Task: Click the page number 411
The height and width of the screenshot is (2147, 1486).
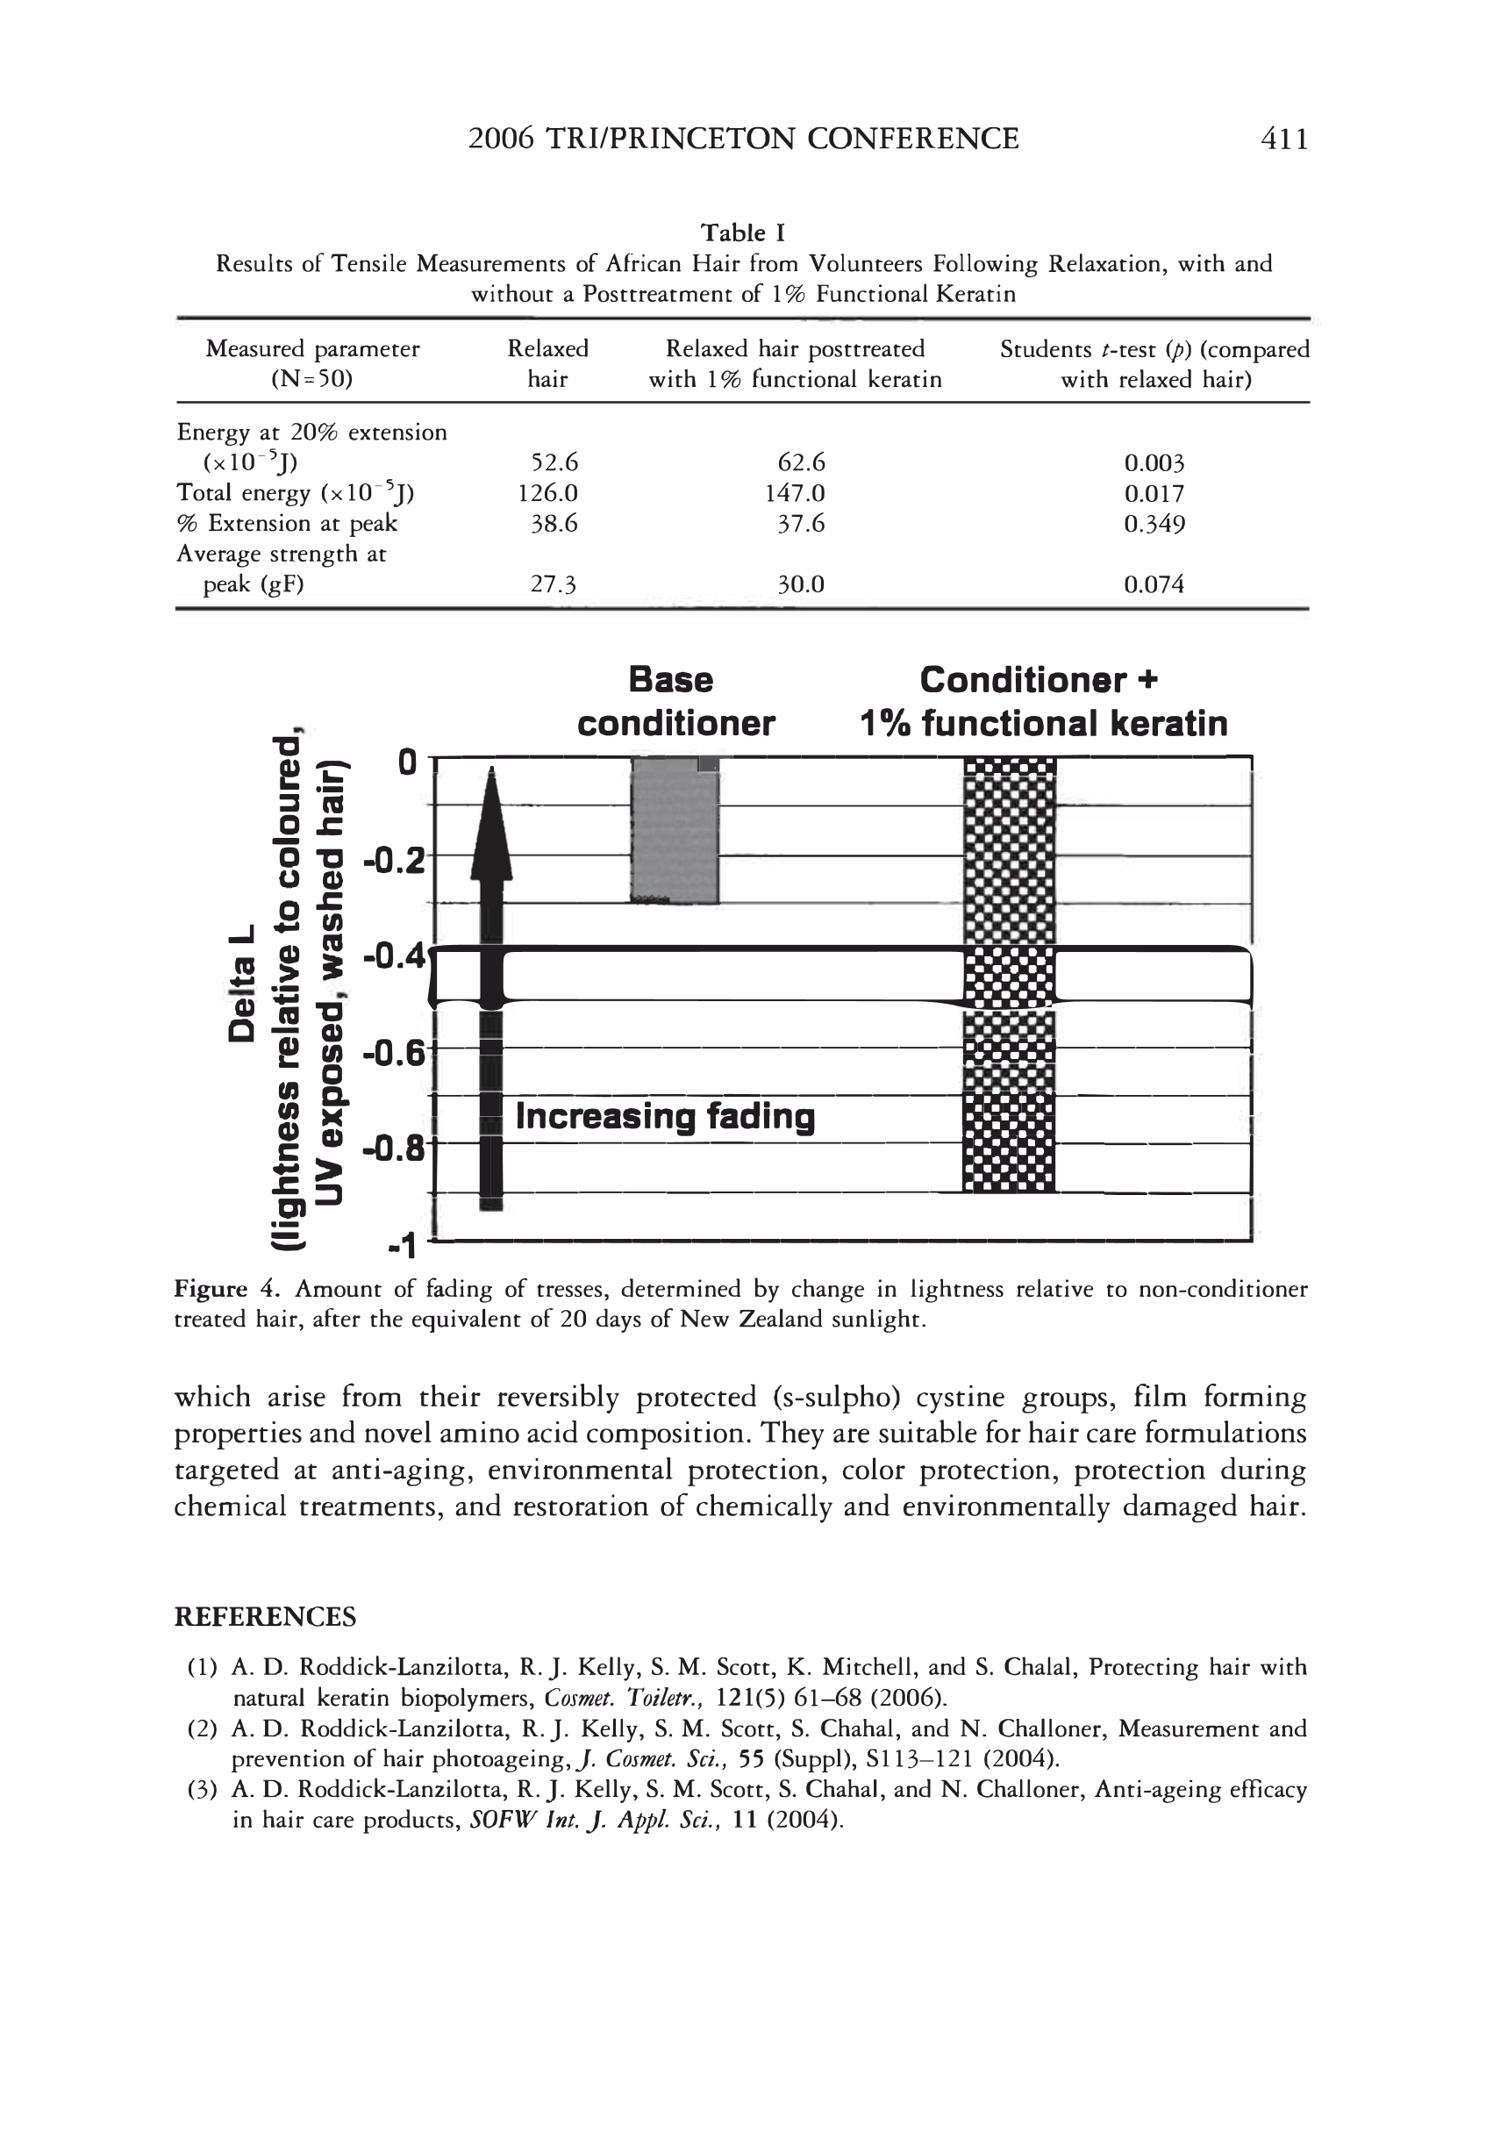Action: (x=1283, y=139)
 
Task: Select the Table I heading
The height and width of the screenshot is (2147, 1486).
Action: (x=742, y=233)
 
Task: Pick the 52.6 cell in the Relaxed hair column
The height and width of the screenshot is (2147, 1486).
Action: (x=554, y=462)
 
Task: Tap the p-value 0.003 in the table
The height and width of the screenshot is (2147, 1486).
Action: (x=1154, y=462)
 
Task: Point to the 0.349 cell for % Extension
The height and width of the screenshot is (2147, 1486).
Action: (x=1154, y=524)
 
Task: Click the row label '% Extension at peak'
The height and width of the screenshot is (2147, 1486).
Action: (x=287, y=523)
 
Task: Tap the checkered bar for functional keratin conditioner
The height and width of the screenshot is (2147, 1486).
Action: (x=1009, y=974)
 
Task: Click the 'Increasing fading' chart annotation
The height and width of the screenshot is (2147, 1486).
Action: (x=664, y=1115)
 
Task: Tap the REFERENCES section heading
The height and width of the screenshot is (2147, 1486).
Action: (x=264, y=1617)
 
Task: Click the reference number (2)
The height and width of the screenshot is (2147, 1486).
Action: (x=202, y=1729)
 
